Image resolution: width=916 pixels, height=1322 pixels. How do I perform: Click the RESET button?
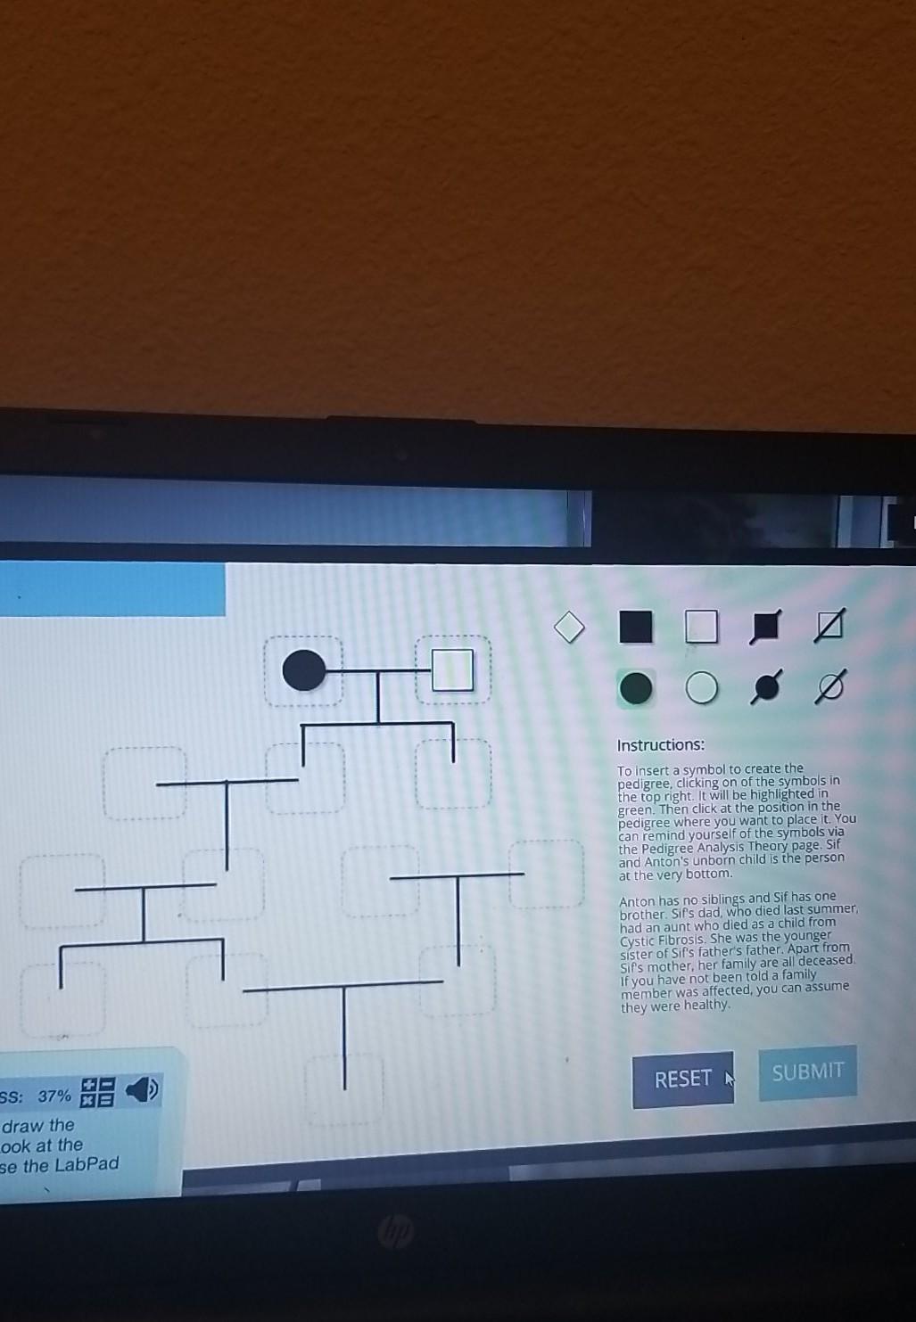point(682,1079)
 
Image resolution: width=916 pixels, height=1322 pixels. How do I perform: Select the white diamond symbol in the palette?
point(569,627)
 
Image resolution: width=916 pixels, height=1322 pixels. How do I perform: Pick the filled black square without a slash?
point(635,627)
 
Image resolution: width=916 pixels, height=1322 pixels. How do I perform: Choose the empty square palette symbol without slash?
point(701,627)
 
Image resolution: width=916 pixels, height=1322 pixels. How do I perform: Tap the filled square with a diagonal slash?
point(765,627)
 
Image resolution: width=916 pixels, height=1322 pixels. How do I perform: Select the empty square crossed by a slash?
point(829,627)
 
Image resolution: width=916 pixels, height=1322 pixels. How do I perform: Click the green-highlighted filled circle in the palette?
point(636,688)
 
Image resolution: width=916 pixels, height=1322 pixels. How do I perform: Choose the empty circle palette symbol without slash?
point(702,688)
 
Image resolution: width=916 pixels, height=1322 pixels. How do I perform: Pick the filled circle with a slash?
point(765,687)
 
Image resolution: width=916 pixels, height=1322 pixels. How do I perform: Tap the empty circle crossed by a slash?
point(829,687)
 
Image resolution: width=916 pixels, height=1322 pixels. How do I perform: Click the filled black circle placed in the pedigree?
point(304,670)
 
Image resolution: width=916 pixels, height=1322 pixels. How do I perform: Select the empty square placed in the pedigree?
point(453,670)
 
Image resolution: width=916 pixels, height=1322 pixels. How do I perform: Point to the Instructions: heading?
point(660,745)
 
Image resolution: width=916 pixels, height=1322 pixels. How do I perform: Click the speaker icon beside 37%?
point(142,1089)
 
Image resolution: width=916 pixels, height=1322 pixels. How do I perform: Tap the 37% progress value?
point(54,1096)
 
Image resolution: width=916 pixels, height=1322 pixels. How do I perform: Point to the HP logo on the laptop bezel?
point(395,1233)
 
